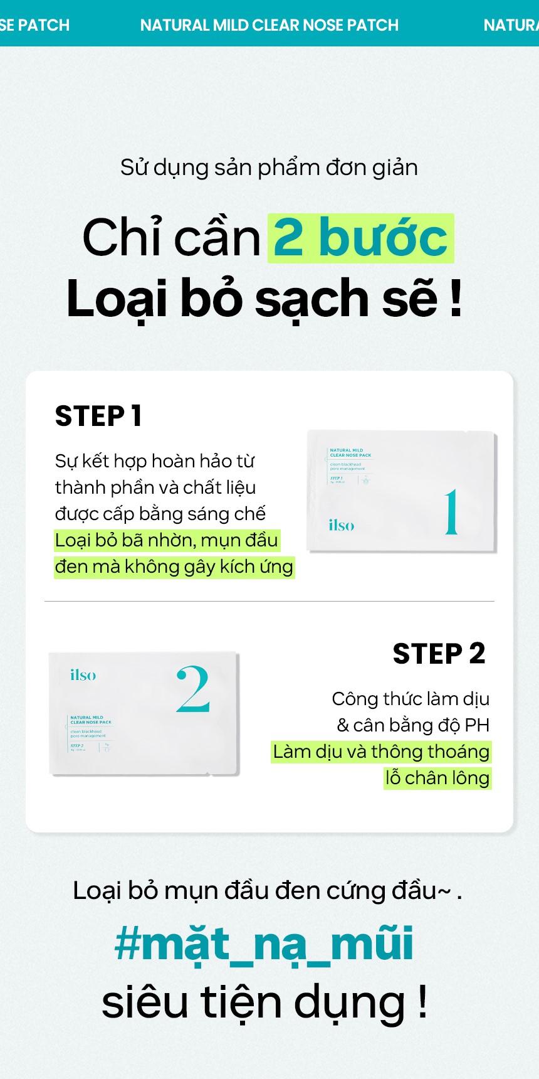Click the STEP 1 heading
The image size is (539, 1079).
click(98, 416)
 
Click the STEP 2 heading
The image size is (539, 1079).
click(439, 654)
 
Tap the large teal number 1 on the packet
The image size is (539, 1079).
click(451, 513)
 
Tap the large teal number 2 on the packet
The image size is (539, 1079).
click(193, 689)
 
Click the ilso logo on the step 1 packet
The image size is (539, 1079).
click(341, 525)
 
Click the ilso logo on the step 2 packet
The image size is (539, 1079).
click(83, 675)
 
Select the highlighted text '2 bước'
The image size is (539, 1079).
click(360, 238)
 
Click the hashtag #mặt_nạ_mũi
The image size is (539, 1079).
click(264, 944)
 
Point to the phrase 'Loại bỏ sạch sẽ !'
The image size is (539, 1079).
click(264, 299)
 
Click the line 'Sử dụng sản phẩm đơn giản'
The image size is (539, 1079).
click(269, 167)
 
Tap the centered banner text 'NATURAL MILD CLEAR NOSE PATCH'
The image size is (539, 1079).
click(269, 25)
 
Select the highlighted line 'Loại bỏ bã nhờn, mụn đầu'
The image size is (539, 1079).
click(166, 540)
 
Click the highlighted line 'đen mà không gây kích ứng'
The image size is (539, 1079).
click(174, 566)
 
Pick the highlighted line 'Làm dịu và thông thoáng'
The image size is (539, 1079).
click(381, 752)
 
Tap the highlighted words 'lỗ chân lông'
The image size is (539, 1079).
click(437, 778)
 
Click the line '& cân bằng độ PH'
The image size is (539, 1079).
click(412, 725)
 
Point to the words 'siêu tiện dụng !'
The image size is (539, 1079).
click(264, 1002)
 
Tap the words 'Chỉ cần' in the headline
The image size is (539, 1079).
click(171, 238)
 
